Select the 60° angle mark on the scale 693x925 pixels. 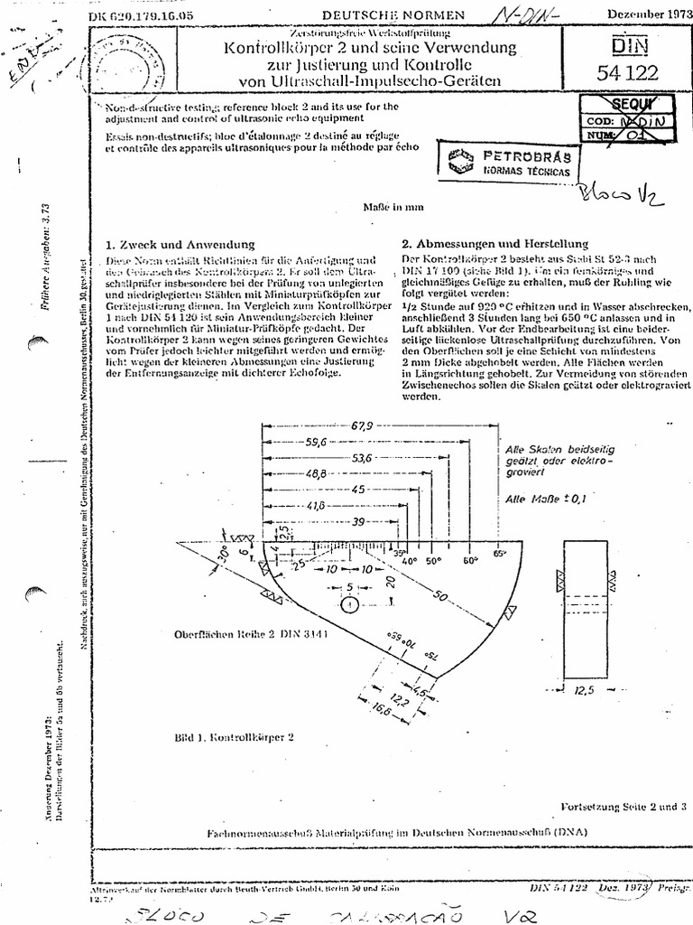tap(470, 561)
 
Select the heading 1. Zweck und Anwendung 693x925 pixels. tap(180, 244)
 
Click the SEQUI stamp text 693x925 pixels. tap(625, 104)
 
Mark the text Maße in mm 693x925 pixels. tap(393, 206)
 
